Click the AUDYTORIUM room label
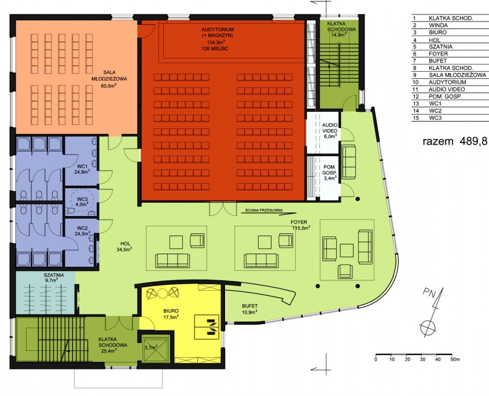[x=218, y=30]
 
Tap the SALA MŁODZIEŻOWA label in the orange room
[x=109, y=75]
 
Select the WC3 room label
[x=82, y=199]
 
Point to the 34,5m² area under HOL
[x=123, y=250]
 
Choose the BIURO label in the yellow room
[x=171, y=311]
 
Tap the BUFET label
[x=250, y=306]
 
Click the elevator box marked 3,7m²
[x=156, y=349]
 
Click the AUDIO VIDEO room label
[x=330, y=128]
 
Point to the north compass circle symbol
[x=428, y=327]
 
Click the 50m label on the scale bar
[x=455, y=360]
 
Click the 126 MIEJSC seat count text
[x=218, y=49]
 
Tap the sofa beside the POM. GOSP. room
[x=349, y=162]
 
